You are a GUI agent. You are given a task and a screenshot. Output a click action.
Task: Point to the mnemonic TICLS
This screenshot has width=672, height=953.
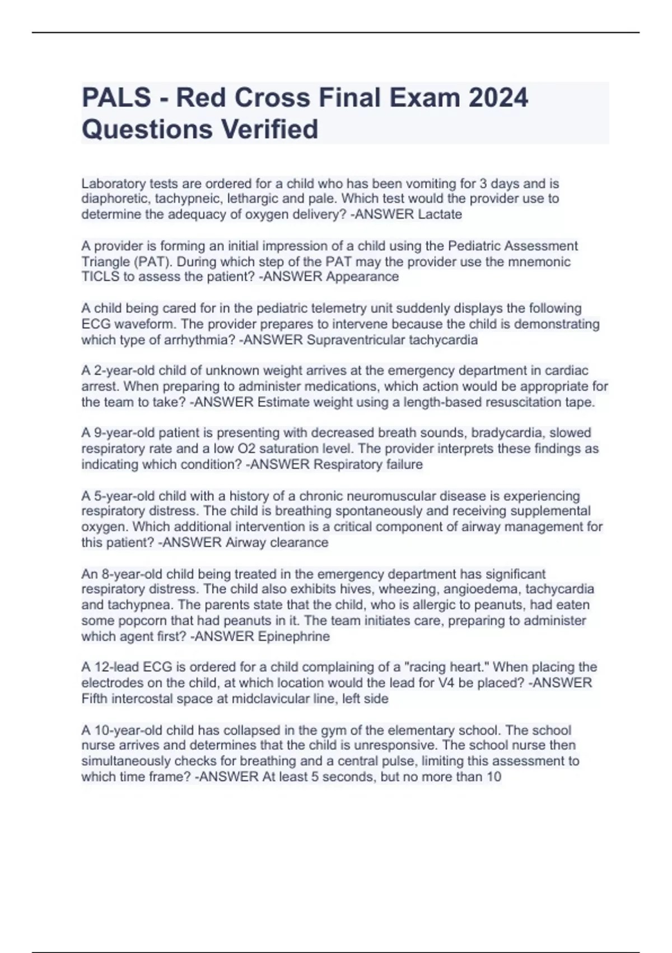[x=99, y=277]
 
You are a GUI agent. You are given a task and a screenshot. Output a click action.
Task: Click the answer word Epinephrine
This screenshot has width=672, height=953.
[x=293, y=636]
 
